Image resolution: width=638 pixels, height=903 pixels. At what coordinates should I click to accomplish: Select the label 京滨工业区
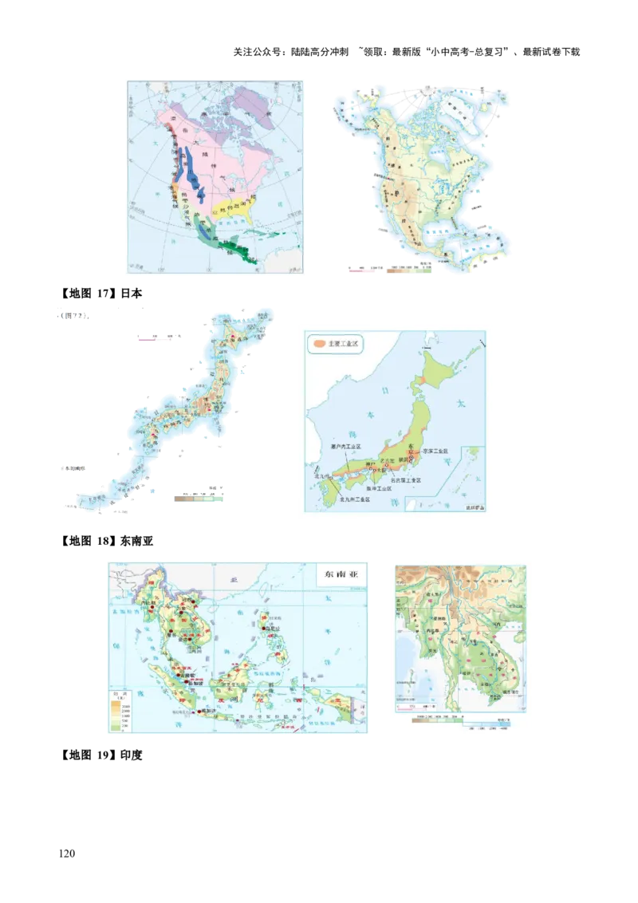click(435, 451)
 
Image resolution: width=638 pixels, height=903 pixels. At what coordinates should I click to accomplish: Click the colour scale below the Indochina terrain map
click(463, 720)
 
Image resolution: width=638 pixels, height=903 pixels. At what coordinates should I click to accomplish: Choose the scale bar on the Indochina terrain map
click(415, 705)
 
